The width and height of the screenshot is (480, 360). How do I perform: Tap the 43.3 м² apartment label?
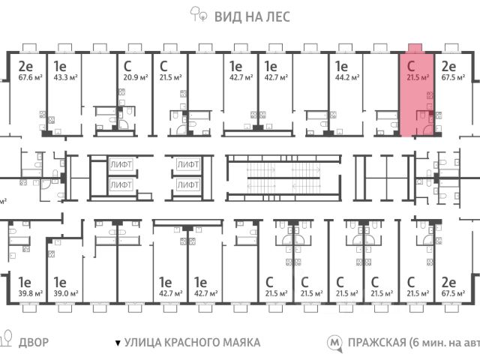tap(63, 76)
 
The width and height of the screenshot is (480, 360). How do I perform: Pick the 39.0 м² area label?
tap(63, 293)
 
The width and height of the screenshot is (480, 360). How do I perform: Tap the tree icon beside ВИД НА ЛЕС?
tap(196, 13)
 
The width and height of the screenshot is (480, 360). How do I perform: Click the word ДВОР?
tap(32, 343)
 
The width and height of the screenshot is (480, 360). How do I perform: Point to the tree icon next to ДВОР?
tap(7, 341)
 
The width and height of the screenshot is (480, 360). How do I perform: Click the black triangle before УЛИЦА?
tap(117, 343)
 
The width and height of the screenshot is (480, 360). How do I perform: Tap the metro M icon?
tap(334, 343)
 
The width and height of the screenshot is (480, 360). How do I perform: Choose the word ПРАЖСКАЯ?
tap(376, 343)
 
